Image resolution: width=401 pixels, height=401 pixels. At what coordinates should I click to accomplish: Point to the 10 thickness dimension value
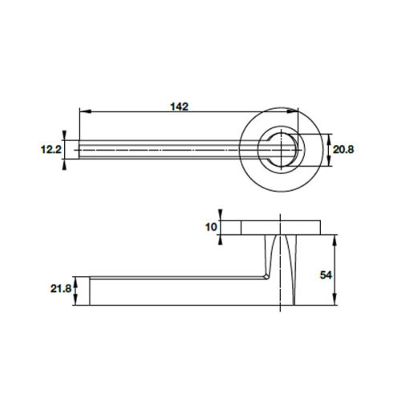click(x=211, y=228)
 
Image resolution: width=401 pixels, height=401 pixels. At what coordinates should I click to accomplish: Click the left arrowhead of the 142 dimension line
click(x=83, y=113)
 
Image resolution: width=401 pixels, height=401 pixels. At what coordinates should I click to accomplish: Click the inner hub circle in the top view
click(x=282, y=148)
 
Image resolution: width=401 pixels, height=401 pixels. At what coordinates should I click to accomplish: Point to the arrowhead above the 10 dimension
click(x=224, y=216)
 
